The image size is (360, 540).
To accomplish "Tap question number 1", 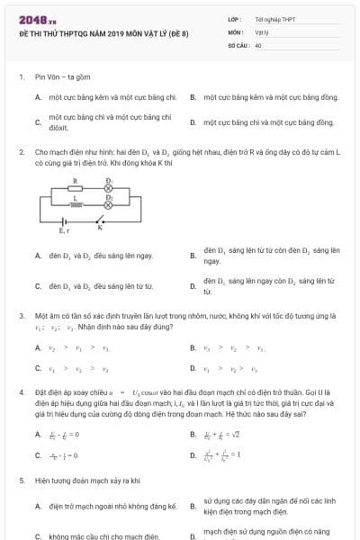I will [21, 77].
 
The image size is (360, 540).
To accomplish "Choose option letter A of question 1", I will [38, 96].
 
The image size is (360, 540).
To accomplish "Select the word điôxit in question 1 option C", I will [59, 128].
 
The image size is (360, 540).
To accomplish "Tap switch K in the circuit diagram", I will [101, 220].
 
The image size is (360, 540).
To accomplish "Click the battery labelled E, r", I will [64, 221].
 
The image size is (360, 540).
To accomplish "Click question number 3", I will [21, 316].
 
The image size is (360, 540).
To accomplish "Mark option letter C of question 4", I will [38, 454].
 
